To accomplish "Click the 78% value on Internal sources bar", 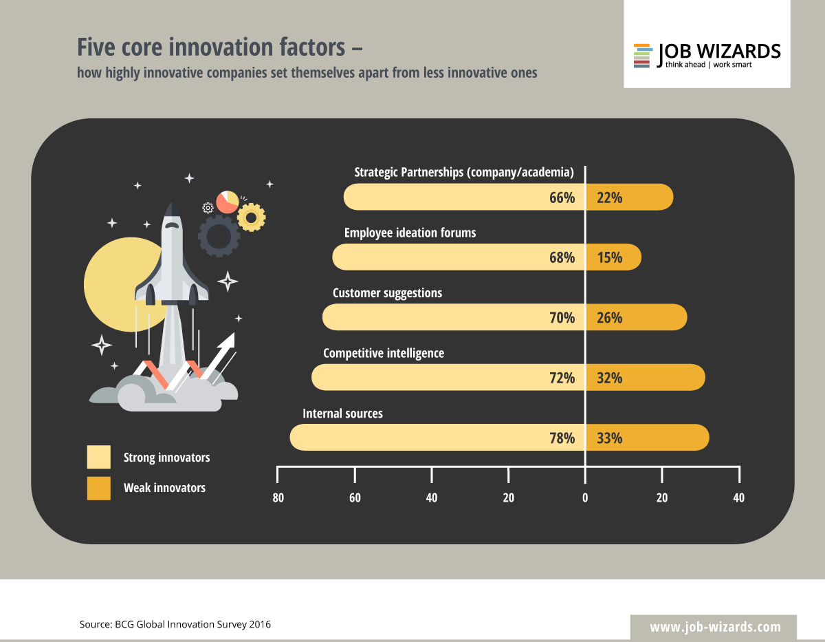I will point(562,438).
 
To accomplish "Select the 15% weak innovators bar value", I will point(609,257).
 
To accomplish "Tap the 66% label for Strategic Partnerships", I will point(562,197).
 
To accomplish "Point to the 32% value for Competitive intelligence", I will point(609,378).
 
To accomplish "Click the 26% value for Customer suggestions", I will point(609,318).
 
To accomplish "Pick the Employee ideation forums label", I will point(410,233).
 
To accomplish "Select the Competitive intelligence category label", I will point(384,353).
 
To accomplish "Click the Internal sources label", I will point(342,414).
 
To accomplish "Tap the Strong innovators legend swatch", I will point(98,458).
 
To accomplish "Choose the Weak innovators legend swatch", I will point(98,488).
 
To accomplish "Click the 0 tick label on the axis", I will point(585,498).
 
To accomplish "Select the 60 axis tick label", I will point(355,498).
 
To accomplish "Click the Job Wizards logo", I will point(707,55).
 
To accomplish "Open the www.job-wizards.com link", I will point(715,627).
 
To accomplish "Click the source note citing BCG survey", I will point(175,625).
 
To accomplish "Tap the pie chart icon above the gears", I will point(227,202).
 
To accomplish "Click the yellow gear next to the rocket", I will point(251,217).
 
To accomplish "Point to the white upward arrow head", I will point(228,340).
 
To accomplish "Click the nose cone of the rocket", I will point(173,210).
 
